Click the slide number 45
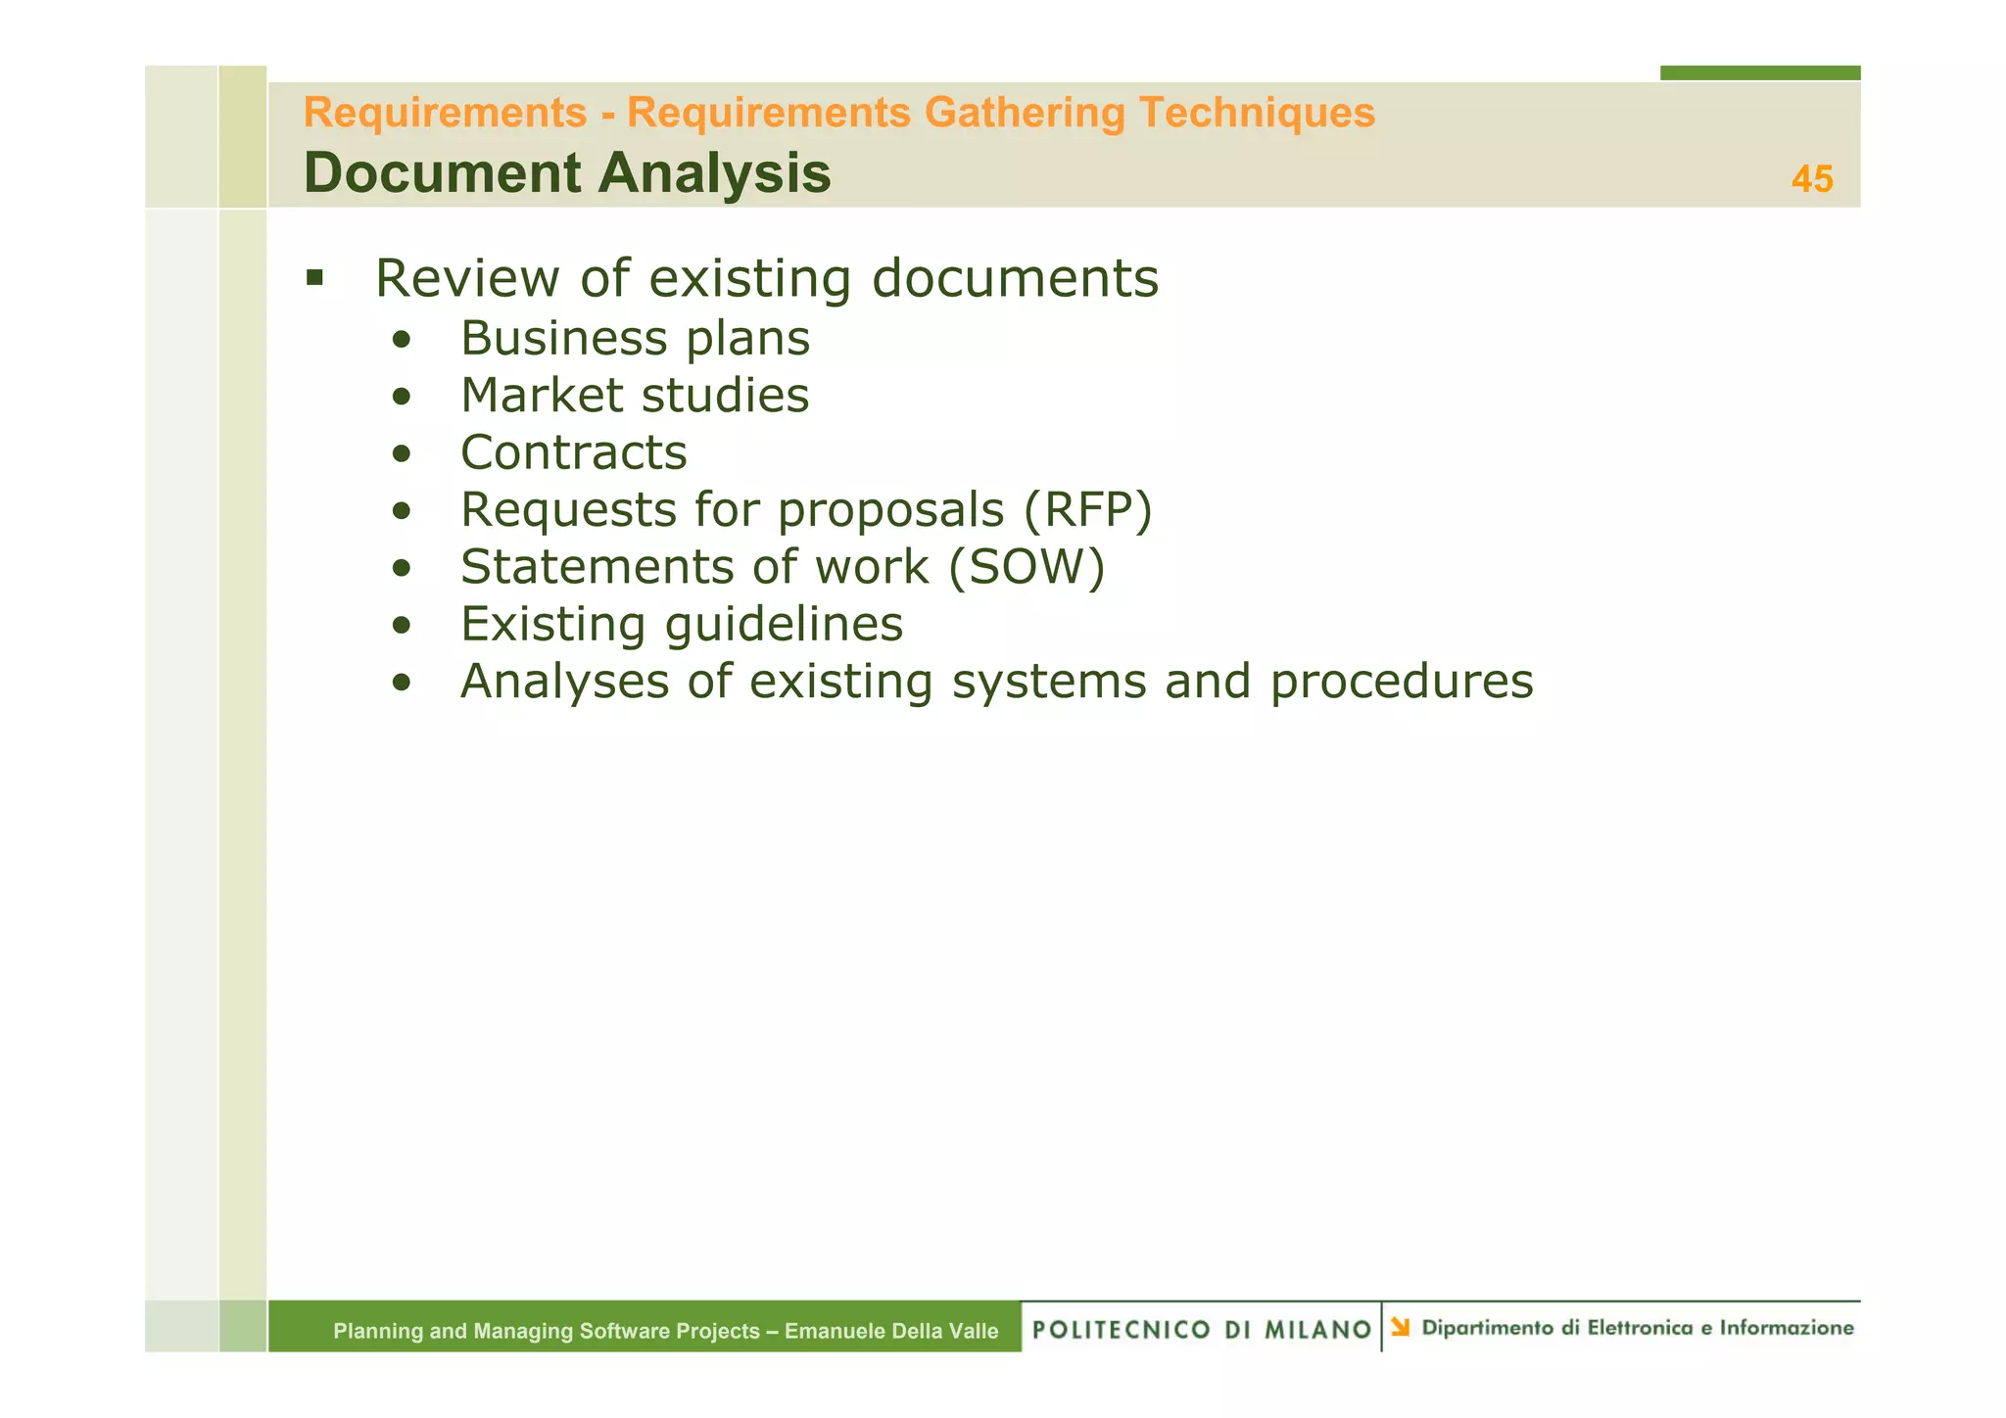coord(1811,179)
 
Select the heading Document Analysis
coord(567,173)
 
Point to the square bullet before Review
coord(314,277)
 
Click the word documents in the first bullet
coord(1015,278)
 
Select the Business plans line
coord(635,339)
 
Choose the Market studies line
coord(635,396)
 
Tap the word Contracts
coord(574,452)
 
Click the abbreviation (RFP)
coord(1087,510)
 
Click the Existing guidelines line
coord(682,624)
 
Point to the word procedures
coord(1402,682)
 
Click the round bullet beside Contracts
coord(400,454)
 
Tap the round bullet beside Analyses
coord(400,683)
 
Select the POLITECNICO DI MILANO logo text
coord(1202,1329)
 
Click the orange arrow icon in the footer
coord(1401,1327)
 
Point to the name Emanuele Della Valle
coord(891,1331)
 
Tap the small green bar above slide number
coord(1759,72)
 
